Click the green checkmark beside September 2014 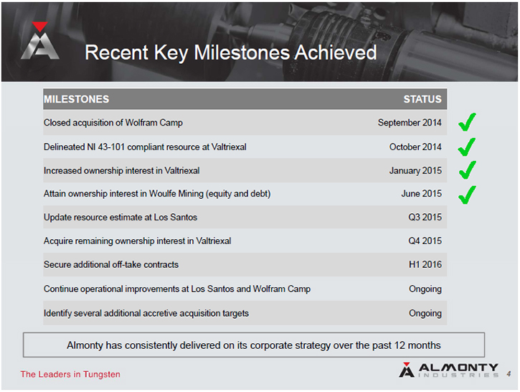click(x=467, y=122)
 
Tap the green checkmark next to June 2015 click(x=467, y=195)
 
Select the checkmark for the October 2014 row click(x=467, y=146)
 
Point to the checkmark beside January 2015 click(x=467, y=170)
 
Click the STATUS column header click(x=422, y=99)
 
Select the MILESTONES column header click(x=76, y=99)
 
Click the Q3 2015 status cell click(x=425, y=217)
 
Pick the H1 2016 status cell click(x=425, y=264)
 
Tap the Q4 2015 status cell click(x=425, y=241)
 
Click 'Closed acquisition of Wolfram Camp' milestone click(x=113, y=123)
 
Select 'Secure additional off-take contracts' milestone click(x=111, y=264)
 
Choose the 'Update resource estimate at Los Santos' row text click(x=120, y=218)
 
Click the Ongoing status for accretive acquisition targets click(x=425, y=314)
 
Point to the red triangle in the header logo click(x=39, y=27)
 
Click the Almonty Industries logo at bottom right click(x=449, y=370)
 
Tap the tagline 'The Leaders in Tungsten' click(x=70, y=374)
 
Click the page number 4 click(x=509, y=374)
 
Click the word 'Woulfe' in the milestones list click(x=163, y=194)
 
